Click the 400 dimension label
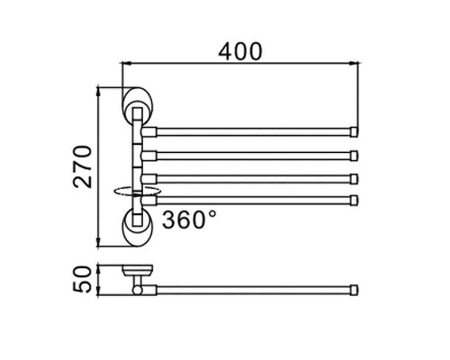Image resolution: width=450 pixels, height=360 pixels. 240,51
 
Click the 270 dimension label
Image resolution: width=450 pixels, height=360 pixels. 83,166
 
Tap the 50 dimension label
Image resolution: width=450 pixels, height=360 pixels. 82,279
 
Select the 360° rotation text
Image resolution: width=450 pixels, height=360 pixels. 189,220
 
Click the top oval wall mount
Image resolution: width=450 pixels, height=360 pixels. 137,105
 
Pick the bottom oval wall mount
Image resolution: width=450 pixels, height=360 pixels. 137,227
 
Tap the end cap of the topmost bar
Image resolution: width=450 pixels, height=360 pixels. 355,132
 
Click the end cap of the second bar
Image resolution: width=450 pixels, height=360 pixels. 355,156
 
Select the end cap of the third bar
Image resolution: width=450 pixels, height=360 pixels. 355,179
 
